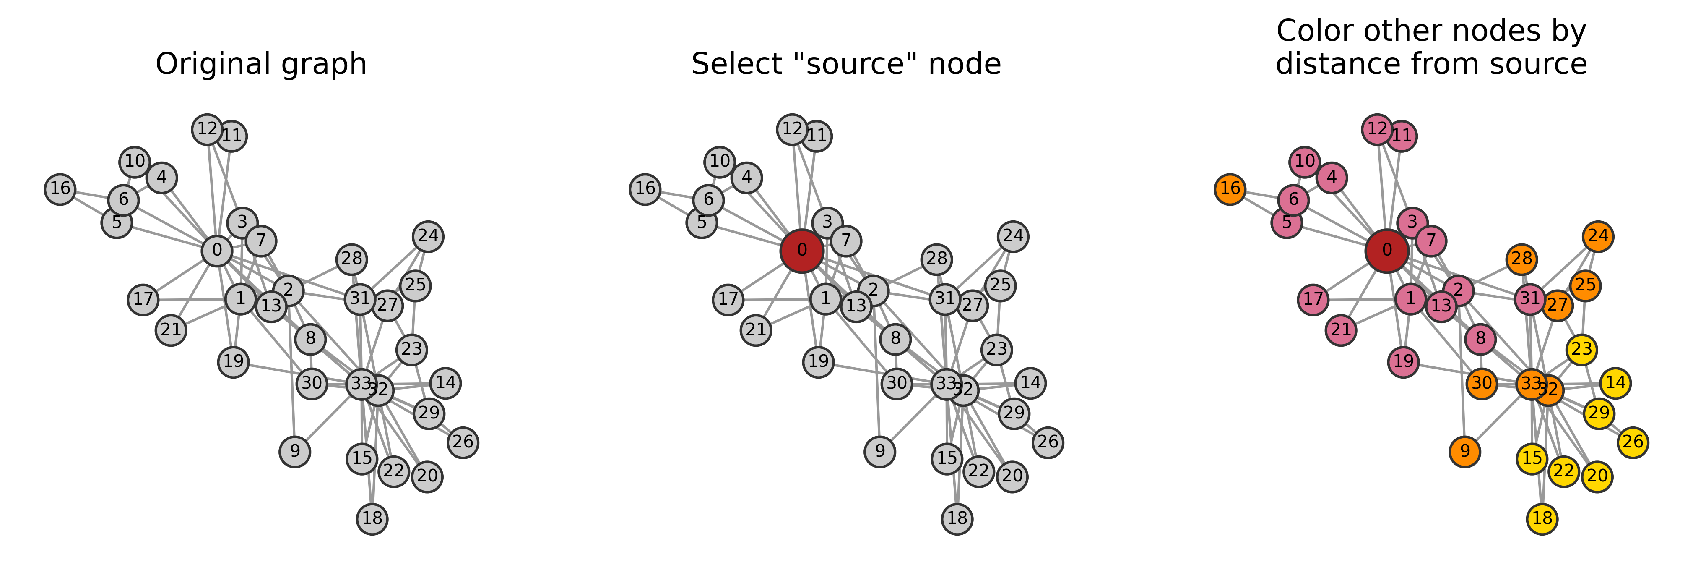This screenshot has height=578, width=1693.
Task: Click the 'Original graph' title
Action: click(x=261, y=65)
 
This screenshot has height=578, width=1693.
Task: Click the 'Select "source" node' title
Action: click(x=846, y=65)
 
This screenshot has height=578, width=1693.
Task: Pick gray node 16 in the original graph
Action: click(x=60, y=189)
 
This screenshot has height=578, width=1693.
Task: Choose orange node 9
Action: click(x=1465, y=451)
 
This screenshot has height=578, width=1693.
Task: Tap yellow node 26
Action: click(x=1633, y=442)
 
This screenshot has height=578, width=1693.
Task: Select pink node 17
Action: click(x=1313, y=300)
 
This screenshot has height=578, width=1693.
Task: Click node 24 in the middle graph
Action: click(x=1014, y=236)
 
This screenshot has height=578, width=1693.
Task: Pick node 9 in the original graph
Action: click(x=294, y=451)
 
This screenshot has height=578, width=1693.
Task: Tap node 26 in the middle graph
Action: click(x=1048, y=442)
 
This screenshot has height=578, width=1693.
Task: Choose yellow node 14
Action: click(x=1615, y=383)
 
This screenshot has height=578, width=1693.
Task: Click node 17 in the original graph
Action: click(x=143, y=300)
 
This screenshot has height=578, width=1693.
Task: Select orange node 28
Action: click(x=1521, y=259)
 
